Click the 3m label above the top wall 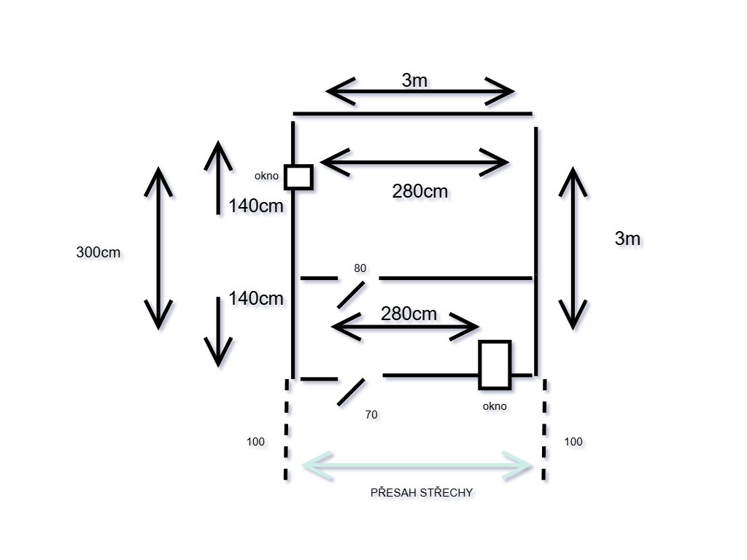414,80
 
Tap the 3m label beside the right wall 627,238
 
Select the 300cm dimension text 98,253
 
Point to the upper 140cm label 255,206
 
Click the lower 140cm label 255,298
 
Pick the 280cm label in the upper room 419,192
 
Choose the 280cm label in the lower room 409,314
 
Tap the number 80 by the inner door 360,268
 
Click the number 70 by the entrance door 371,414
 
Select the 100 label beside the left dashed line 255,442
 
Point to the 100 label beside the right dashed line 573,442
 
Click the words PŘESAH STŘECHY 422,493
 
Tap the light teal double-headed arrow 417,465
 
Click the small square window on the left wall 298,177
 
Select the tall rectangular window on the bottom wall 495,365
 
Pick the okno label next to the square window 266,176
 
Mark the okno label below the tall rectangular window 495,406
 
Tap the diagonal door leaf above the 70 351,391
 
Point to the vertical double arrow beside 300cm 158,248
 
